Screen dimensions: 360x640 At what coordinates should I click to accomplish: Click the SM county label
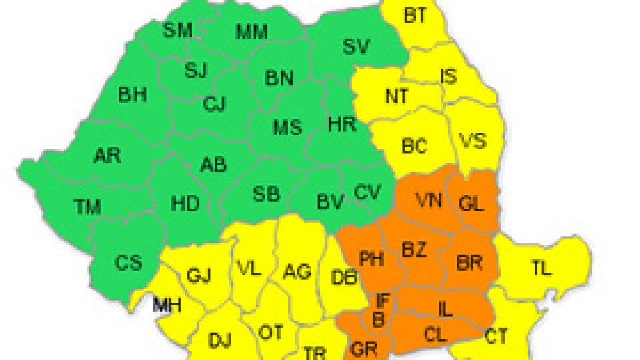(177, 29)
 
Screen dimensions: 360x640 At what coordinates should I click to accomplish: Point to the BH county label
(132, 95)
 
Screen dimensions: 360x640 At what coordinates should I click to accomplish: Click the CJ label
(215, 103)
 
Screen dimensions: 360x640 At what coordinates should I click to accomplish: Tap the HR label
(343, 123)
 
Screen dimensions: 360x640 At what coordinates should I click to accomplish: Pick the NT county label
(398, 97)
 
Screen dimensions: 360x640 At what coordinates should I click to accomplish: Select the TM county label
(87, 207)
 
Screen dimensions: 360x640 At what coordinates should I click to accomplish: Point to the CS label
(128, 262)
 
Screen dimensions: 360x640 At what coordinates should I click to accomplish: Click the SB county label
(267, 194)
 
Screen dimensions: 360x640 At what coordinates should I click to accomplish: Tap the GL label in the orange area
(471, 205)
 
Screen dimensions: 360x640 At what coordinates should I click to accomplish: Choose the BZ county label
(414, 249)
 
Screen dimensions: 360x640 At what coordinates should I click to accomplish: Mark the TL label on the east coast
(541, 269)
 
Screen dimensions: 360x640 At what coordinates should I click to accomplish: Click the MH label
(166, 306)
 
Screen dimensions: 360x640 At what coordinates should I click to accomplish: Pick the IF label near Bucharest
(383, 301)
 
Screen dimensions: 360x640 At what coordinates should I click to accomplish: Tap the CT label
(496, 336)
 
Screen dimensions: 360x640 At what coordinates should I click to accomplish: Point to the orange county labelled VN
(429, 199)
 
